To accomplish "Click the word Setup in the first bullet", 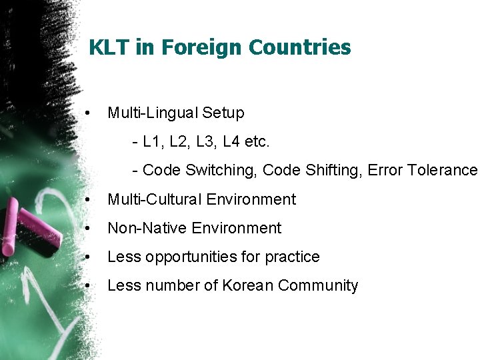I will [x=223, y=113].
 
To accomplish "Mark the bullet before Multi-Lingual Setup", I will [x=88, y=113].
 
